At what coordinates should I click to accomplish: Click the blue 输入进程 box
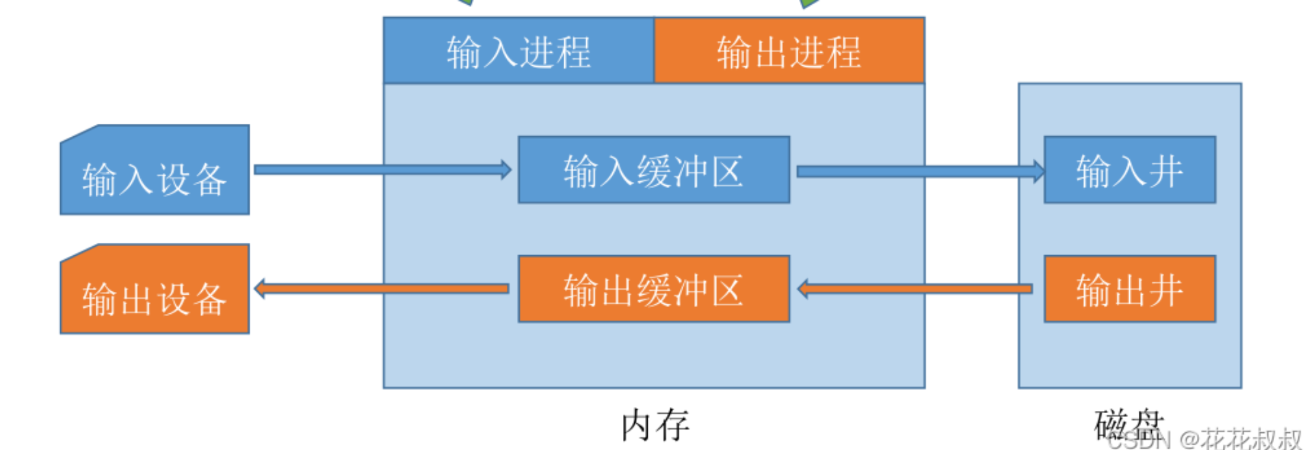click(518, 51)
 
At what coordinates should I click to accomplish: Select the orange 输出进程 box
click(789, 51)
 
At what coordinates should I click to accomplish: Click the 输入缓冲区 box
click(653, 170)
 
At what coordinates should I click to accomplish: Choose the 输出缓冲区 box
click(653, 289)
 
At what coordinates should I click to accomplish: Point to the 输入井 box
click(1129, 170)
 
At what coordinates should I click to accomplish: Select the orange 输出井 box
click(1129, 289)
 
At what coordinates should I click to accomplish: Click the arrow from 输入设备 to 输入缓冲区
click(380, 170)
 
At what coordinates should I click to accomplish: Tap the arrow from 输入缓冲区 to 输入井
click(917, 171)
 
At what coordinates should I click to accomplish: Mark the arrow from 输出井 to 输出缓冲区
click(917, 289)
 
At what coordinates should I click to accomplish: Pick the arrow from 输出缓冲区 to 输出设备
click(383, 289)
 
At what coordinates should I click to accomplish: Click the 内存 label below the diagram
click(655, 425)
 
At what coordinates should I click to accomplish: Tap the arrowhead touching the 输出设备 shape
click(259, 289)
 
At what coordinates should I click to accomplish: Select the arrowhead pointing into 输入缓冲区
click(506, 170)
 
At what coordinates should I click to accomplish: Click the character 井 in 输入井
click(1166, 171)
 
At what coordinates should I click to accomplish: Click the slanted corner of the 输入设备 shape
click(79, 133)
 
